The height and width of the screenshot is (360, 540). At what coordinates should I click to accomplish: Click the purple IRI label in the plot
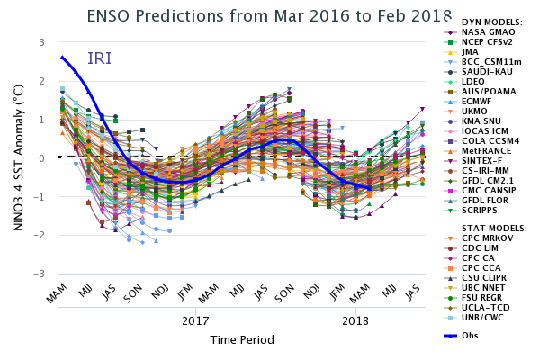click(x=99, y=59)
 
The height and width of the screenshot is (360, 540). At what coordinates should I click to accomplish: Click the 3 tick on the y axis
click(x=41, y=42)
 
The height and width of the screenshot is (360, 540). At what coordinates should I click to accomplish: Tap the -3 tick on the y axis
click(x=40, y=274)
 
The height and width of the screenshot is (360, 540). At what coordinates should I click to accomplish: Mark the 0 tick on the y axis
click(x=41, y=158)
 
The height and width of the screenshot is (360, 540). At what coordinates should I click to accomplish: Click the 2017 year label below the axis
click(x=195, y=320)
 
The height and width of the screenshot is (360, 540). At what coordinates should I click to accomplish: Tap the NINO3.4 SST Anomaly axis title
click(x=18, y=158)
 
